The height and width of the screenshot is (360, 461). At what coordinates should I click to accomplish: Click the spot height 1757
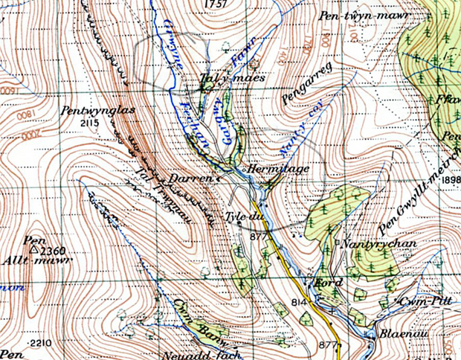[x=213, y=4]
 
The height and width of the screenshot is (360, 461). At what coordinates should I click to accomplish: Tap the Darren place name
[x=196, y=179]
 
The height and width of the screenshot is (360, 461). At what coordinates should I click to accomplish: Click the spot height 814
[x=300, y=303]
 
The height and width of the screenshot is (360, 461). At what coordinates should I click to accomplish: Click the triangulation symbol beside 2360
[x=34, y=249]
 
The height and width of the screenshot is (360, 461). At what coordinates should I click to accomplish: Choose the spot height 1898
[x=451, y=180]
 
